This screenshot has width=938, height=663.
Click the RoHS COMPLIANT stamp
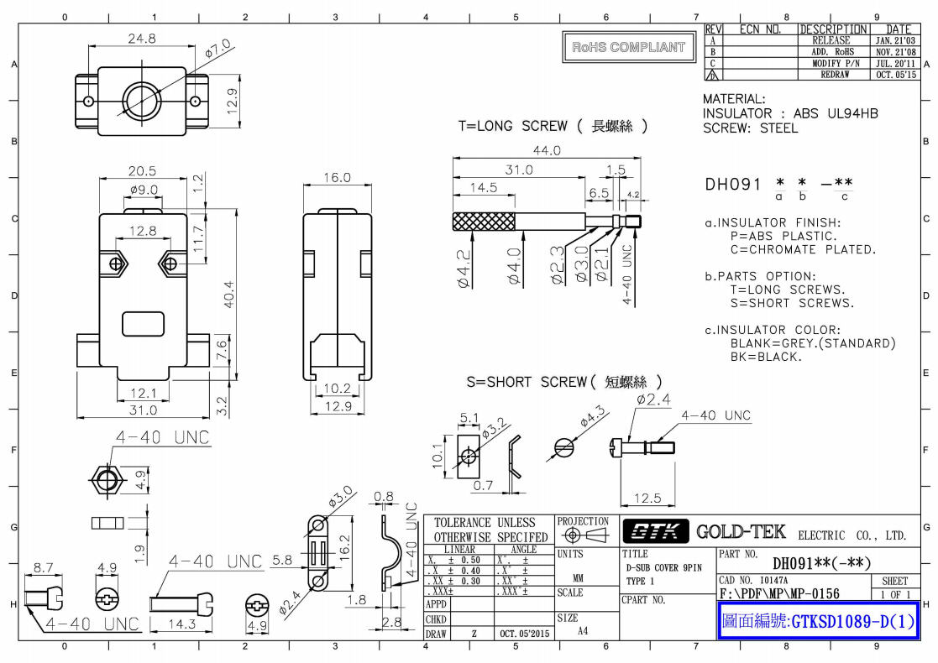click(x=628, y=48)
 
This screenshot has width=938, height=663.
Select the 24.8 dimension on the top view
click(x=142, y=39)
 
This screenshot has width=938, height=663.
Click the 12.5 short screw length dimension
click(x=647, y=499)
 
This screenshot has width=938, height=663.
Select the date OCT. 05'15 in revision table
click(x=895, y=74)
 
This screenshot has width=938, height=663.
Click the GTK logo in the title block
click(x=654, y=532)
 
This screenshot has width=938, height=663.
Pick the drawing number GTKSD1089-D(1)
click(x=818, y=623)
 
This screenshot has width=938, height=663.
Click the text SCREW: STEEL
click(x=750, y=128)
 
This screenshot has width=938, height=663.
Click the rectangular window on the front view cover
click(x=143, y=324)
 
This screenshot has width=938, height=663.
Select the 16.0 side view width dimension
click(x=336, y=178)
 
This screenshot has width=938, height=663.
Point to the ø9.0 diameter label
click(x=144, y=190)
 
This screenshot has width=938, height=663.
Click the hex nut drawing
click(x=105, y=479)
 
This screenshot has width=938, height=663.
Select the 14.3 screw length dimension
click(x=182, y=624)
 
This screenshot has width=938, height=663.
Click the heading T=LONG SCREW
click(x=512, y=126)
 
